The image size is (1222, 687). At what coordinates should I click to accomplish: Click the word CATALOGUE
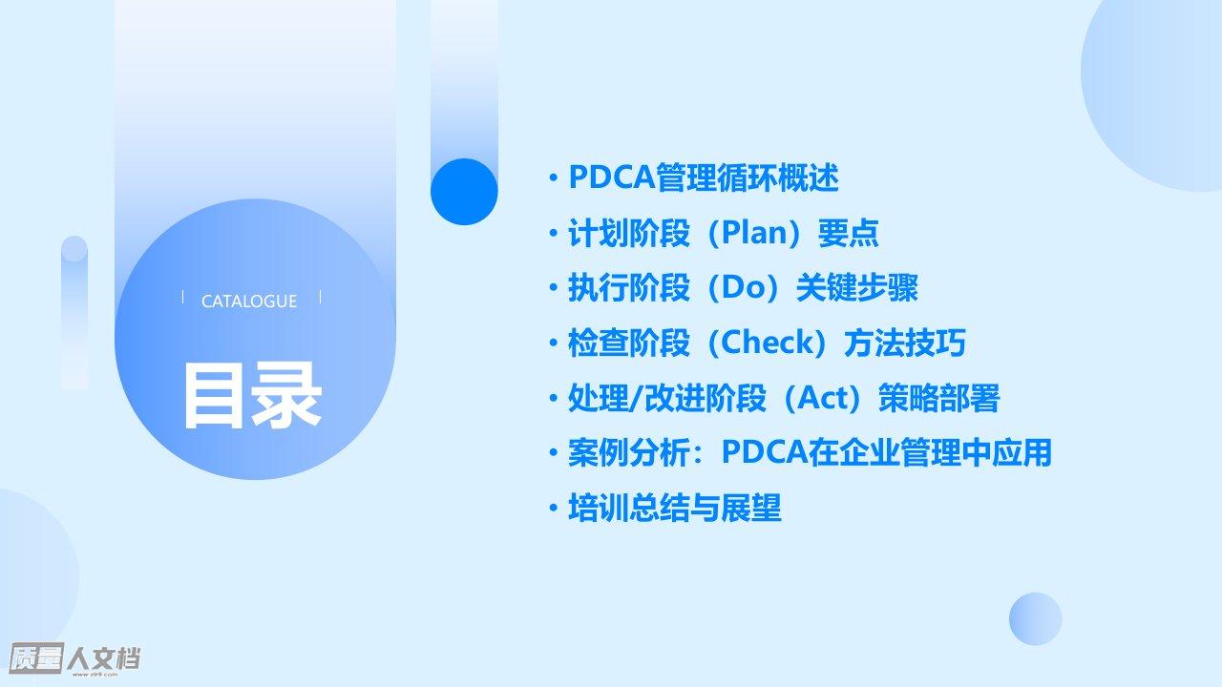pos(249,301)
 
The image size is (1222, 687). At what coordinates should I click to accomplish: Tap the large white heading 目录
pos(253,396)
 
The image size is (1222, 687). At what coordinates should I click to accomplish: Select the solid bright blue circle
pos(464,192)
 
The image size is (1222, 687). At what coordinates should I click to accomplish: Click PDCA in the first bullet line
pos(612,177)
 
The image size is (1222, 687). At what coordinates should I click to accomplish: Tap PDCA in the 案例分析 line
pos(765,452)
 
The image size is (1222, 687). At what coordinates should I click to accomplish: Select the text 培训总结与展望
pos(675,508)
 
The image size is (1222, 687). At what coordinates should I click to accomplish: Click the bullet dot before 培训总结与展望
pos(554,508)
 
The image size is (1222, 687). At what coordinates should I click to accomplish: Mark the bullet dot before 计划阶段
pos(554,233)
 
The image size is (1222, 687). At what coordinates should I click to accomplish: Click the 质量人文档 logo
pos(74,658)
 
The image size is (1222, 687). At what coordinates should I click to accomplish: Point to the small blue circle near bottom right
pos(1036,619)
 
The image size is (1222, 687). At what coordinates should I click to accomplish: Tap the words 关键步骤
pos(857,287)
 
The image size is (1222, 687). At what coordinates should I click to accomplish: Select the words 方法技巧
pos(905,343)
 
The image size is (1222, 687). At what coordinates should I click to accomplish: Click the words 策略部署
pos(939,398)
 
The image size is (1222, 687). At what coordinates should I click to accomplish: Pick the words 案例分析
pos(629,452)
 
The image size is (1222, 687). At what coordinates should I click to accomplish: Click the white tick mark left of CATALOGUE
pos(182,297)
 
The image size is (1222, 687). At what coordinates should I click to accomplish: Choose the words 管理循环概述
pos(748,177)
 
